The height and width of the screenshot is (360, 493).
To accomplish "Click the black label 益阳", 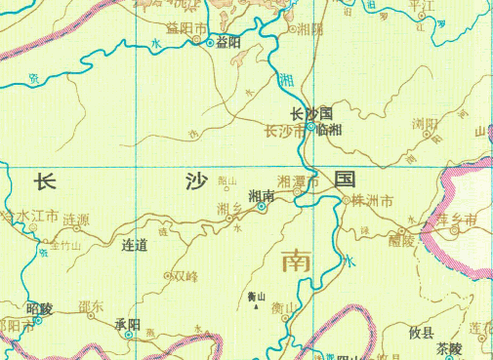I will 227,42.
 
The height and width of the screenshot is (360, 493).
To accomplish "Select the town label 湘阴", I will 310,28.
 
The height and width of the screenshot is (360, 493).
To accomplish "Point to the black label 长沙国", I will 313,112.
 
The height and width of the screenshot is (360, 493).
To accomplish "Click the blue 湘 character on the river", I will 285,79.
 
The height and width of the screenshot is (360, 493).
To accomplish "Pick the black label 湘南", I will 261,195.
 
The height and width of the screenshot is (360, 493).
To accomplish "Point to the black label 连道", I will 134,245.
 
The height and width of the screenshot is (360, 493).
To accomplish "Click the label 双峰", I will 184,276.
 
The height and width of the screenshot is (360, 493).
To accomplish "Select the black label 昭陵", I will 40,308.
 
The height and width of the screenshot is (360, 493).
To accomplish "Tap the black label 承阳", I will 128,323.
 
